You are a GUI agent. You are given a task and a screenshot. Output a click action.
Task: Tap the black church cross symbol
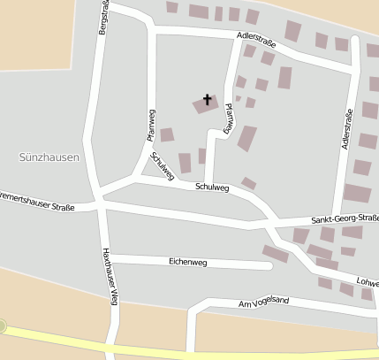(x=208, y=99)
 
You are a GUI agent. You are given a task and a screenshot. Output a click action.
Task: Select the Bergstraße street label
(x=105, y=18)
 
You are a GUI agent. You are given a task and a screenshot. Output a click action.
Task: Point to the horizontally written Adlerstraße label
(x=256, y=39)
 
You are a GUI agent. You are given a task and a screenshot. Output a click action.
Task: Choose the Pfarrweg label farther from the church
(x=151, y=125)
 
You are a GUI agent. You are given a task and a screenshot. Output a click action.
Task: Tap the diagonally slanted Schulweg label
(x=162, y=165)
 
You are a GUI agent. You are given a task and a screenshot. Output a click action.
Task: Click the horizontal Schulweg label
(x=212, y=187)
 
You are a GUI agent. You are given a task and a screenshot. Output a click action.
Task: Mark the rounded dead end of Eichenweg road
(x=268, y=264)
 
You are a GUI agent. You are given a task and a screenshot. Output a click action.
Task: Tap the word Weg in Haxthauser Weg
(x=110, y=295)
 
